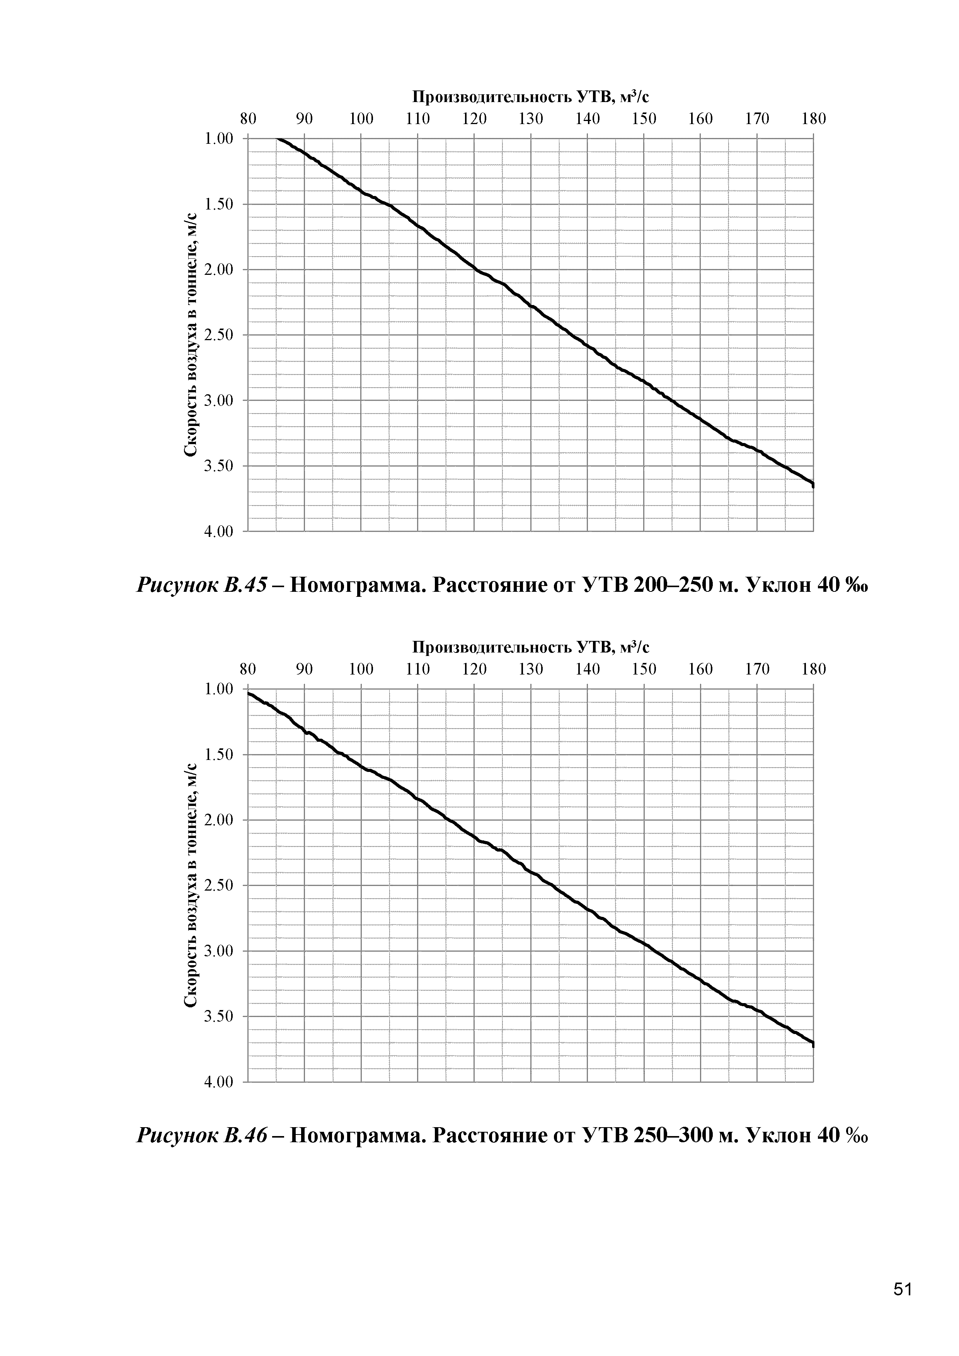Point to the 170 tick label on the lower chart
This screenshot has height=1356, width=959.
point(756,669)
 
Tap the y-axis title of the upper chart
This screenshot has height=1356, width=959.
point(190,335)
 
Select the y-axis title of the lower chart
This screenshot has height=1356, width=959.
point(190,886)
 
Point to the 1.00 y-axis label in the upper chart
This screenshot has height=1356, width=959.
point(218,139)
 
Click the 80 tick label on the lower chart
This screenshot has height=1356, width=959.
point(248,669)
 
